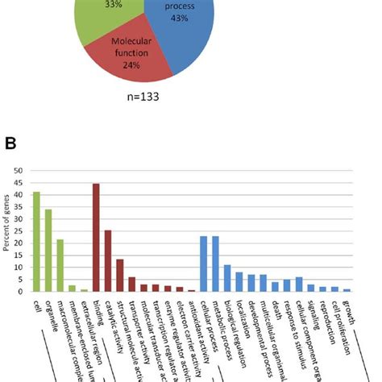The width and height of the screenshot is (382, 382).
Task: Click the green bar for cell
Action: click(x=36, y=241)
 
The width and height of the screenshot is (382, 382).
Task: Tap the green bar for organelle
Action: click(x=48, y=250)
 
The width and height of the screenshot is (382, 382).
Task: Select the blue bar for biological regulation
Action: click(x=227, y=278)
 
